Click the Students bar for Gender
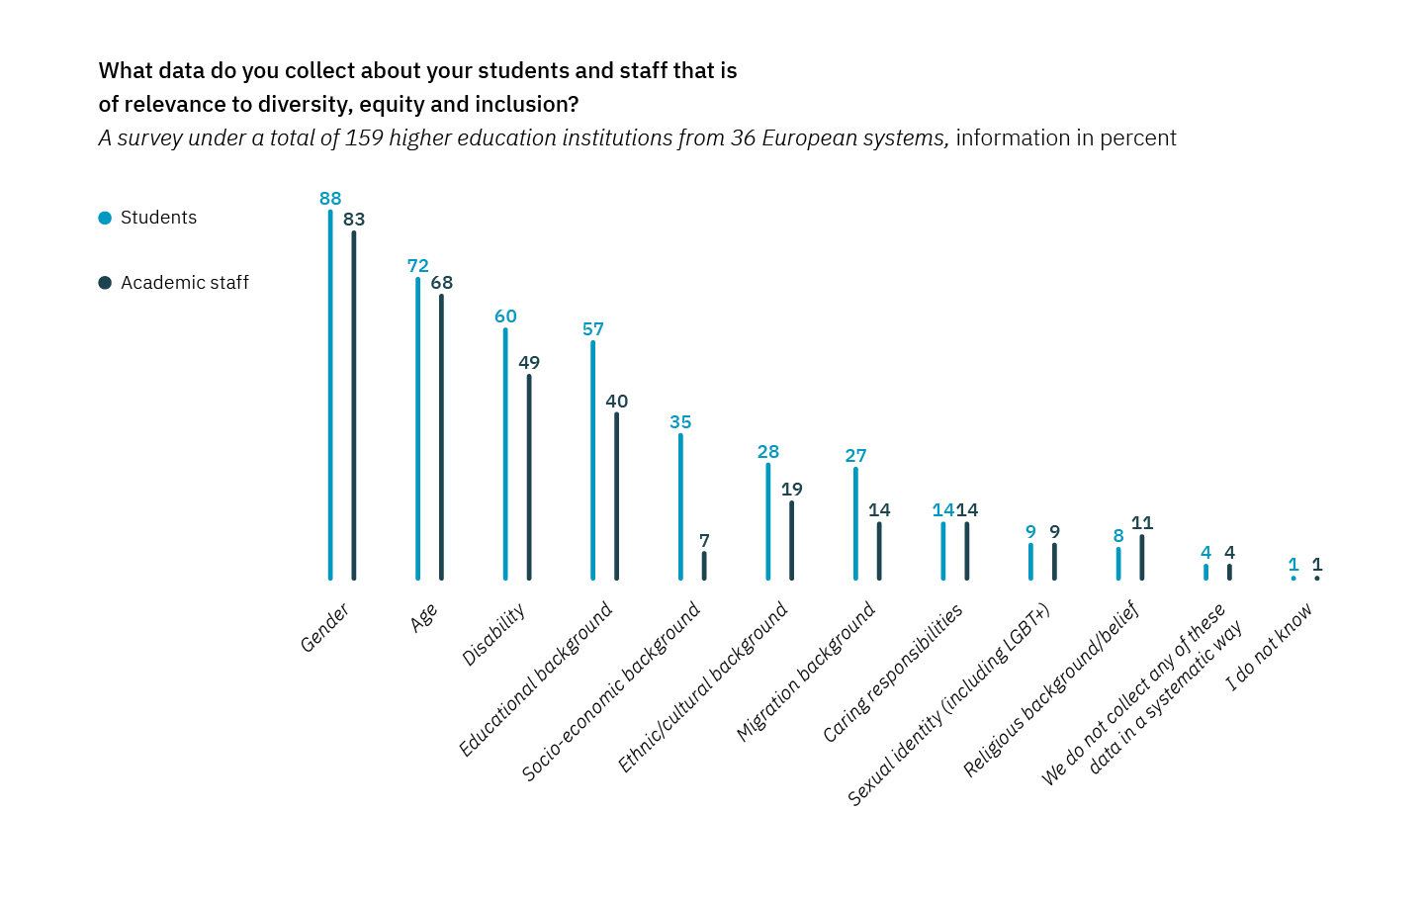[x=330, y=396]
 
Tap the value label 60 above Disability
[x=505, y=316]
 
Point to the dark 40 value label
[x=617, y=402]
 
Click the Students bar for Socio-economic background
[x=680, y=506]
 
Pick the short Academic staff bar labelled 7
[x=704, y=566]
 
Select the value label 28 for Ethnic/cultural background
[x=768, y=452]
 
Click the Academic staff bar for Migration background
[x=879, y=551]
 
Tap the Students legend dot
[x=105, y=219]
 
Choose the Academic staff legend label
[x=185, y=283]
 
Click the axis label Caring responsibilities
[x=892, y=674]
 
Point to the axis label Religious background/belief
[x=1051, y=688]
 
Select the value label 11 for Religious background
[x=1142, y=523]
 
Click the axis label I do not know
[x=1269, y=647]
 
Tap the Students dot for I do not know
[x=1293, y=578]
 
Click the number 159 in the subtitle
[x=363, y=138]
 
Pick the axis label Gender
[x=324, y=628]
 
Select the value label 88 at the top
[x=330, y=199]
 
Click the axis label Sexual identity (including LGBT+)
[x=948, y=704]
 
